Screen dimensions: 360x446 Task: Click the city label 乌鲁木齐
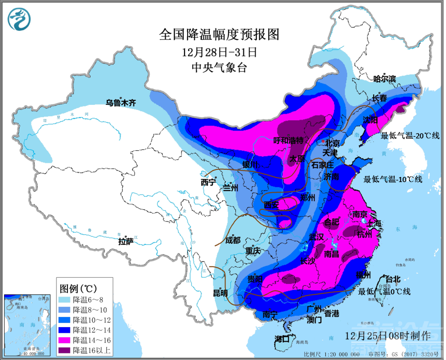click(121, 103)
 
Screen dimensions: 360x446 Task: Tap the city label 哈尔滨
click(385, 79)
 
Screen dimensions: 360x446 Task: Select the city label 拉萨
click(126, 241)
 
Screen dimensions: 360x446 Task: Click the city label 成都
click(233, 240)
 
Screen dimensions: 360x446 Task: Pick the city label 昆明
click(220, 293)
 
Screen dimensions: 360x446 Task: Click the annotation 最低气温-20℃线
click(410, 135)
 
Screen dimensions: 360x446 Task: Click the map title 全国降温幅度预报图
click(220, 34)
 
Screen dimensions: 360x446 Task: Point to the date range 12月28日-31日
click(219, 51)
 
